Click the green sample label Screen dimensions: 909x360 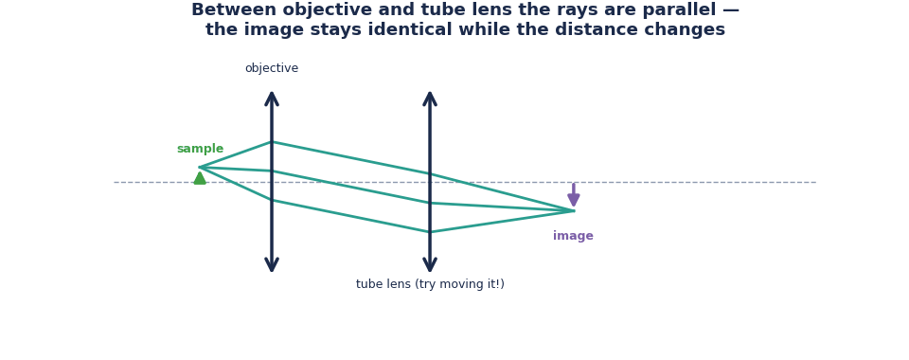click(x=200, y=149)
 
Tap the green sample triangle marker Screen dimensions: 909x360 click(x=200, y=178)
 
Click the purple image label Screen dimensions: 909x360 click(x=573, y=236)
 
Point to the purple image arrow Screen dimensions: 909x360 click(x=574, y=195)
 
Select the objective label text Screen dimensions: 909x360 click(x=272, y=68)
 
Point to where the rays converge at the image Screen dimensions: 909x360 click(x=574, y=210)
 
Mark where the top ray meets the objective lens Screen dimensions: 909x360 click(x=272, y=142)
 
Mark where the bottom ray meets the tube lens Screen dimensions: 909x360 click(x=430, y=232)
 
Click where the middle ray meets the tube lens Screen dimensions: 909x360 click(x=430, y=203)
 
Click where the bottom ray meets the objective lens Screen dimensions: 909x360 click(x=272, y=200)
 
